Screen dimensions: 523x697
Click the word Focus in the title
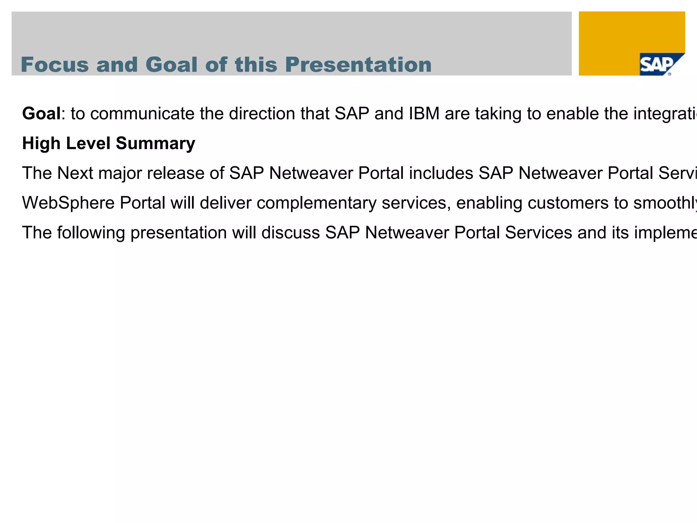coord(55,65)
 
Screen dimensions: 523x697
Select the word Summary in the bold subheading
coord(155,143)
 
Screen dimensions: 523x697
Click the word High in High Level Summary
coord(41,143)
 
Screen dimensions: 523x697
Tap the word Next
coord(75,173)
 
